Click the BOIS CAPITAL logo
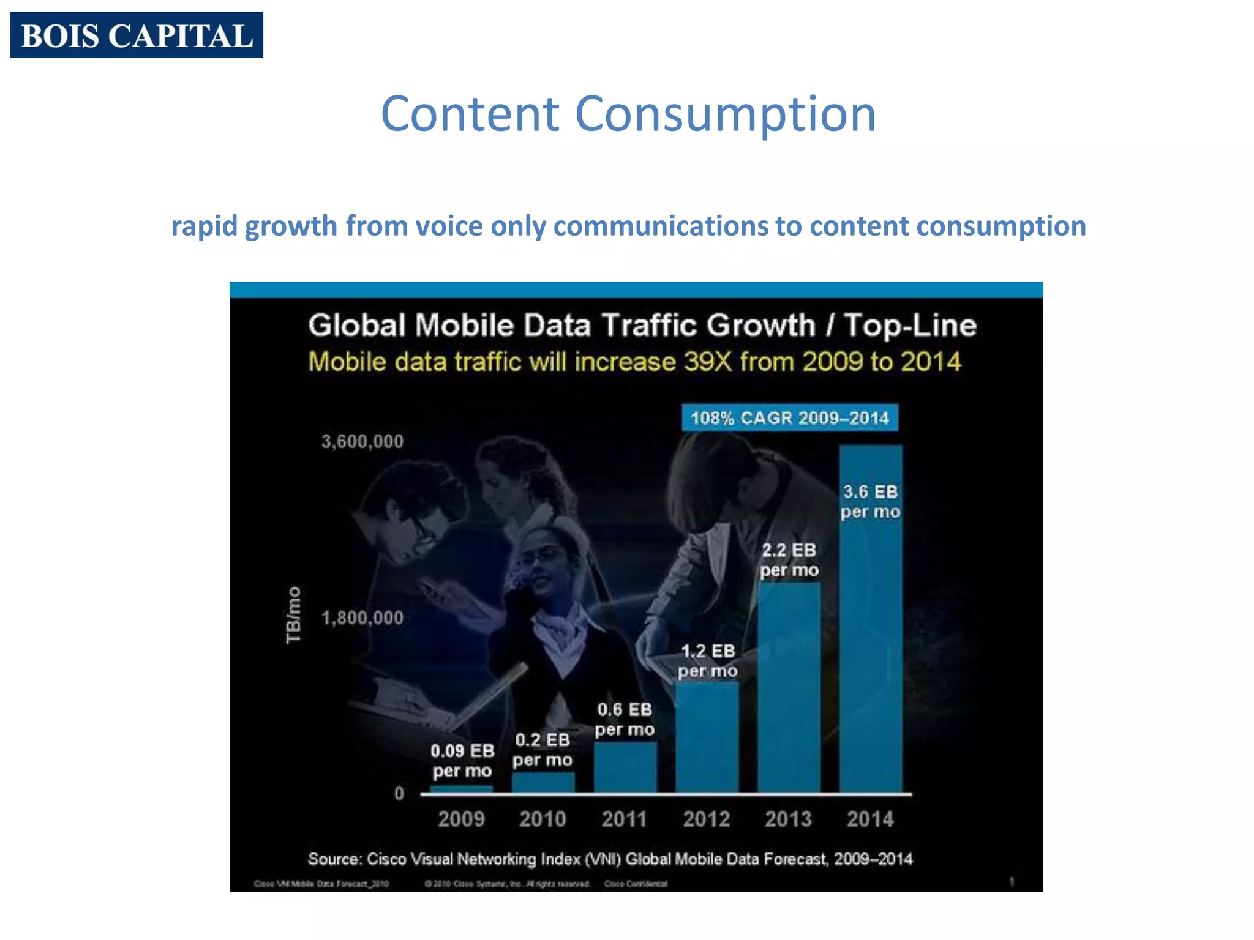(137, 35)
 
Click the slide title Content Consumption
(628, 114)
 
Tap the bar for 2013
(789, 685)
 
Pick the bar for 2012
(707, 737)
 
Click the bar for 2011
(625, 767)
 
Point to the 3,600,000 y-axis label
(362, 442)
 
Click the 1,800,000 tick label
(362, 617)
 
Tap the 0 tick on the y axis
(399, 794)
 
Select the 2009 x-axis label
(461, 819)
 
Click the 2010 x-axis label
(543, 819)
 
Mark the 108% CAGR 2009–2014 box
(789, 418)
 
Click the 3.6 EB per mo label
(870, 501)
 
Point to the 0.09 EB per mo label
(462, 760)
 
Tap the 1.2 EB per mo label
(707, 661)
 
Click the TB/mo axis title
(294, 614)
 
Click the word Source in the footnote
(334, 859)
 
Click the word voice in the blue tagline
(449, 226)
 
